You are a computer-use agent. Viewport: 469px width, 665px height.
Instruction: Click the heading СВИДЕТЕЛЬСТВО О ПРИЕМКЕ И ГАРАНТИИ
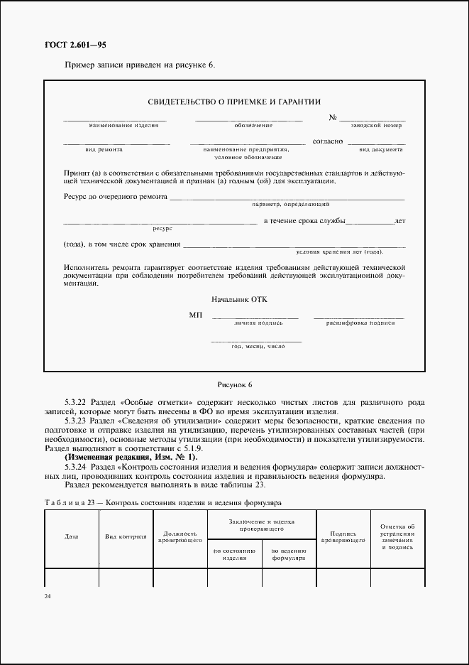coord(234,102)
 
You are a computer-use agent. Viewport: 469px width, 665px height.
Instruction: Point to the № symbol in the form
coord(332,117)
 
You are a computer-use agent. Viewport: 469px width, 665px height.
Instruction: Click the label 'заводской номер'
coord(376,125)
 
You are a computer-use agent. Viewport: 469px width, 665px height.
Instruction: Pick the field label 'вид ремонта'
coord(104,150)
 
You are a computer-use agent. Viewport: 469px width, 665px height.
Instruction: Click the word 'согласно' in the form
coord(328,141)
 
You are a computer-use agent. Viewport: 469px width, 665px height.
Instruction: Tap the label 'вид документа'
coord(380,150)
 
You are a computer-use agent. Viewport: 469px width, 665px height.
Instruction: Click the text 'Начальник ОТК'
coord(235,300)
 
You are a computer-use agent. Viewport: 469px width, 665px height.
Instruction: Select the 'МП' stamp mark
coord(196,314)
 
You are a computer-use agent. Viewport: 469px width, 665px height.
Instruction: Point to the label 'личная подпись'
coord(258,323)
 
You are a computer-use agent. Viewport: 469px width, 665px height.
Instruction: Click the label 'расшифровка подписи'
coord(360,323)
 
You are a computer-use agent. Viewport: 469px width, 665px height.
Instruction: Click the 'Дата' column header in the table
coord(72,536)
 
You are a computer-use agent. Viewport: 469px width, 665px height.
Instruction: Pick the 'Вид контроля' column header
coord(126,536)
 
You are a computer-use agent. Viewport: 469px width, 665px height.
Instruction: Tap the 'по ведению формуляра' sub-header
coord(288,554)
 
